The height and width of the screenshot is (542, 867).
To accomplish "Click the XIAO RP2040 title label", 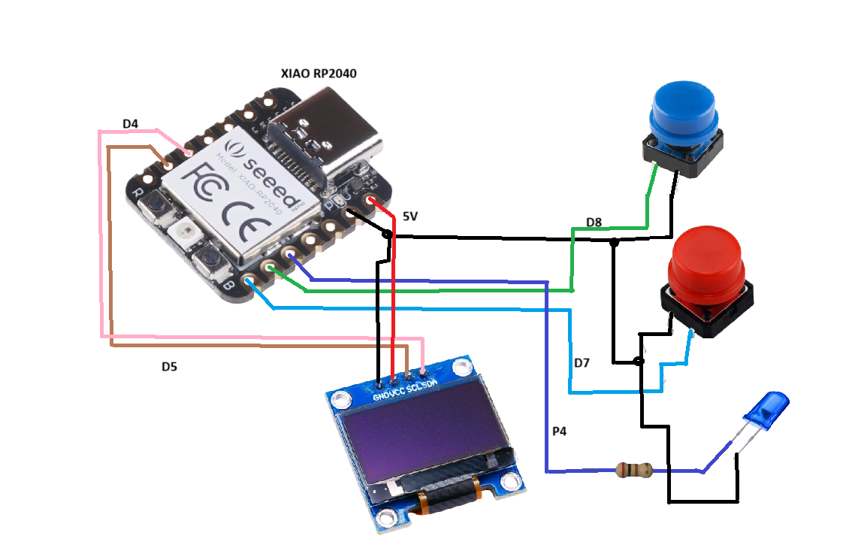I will tap(318, 74).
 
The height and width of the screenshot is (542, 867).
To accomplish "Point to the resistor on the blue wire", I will tap(633, 471).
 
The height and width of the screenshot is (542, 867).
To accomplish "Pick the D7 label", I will tap(582, 363).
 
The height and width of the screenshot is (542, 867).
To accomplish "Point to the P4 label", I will tap(559, 431).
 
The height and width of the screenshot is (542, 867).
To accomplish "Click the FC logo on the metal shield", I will tap(207, 180).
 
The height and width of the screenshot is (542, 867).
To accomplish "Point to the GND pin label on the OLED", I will tap(381, 394).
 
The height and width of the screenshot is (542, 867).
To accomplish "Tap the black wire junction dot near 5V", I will tap(388, 235).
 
